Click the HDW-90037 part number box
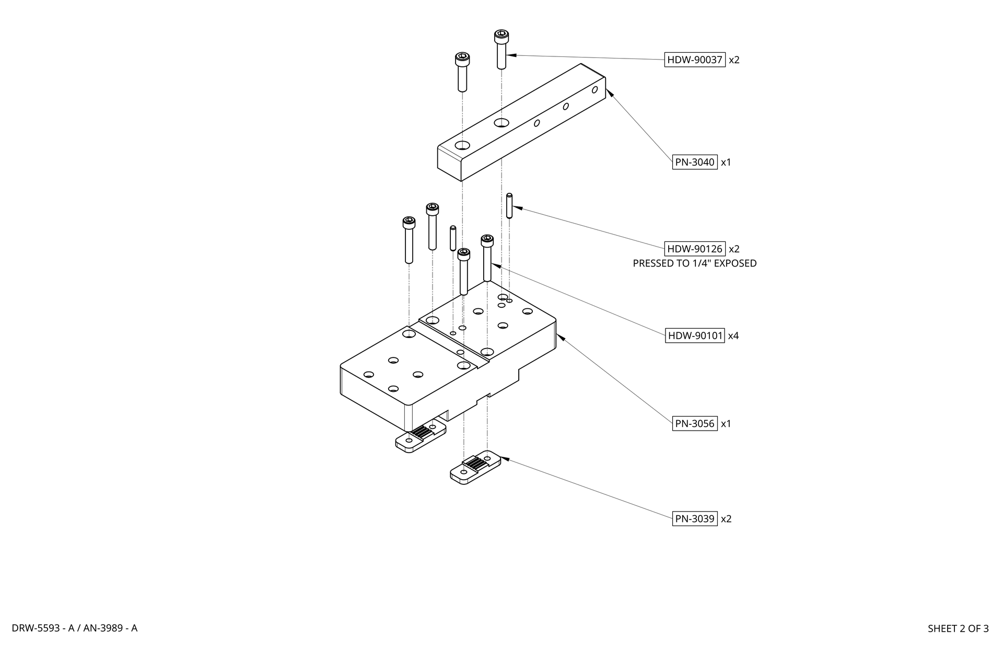pos(695,60)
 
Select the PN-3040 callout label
pos(695,162)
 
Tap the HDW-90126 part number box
pos(695,249)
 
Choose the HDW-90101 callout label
pos(695,335)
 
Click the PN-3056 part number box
pos(695,423)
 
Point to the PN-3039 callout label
pos(695,519)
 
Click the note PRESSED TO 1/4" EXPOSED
pos(695,263)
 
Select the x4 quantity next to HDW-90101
pos(733,336)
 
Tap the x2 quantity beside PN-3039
pos(726,519)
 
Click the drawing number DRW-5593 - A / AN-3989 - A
pos(75,628)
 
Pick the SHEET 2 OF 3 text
pos(958,629)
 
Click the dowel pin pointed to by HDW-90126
pos(509,206)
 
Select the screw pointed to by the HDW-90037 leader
pos(501,50)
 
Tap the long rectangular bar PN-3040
pos(521,122)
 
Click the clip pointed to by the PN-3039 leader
pos(475,468)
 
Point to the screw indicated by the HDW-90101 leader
pos(487,258)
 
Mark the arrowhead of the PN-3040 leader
pos(610,93)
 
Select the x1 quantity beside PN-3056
pos(726,424)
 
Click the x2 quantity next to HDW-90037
pos(734,60)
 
